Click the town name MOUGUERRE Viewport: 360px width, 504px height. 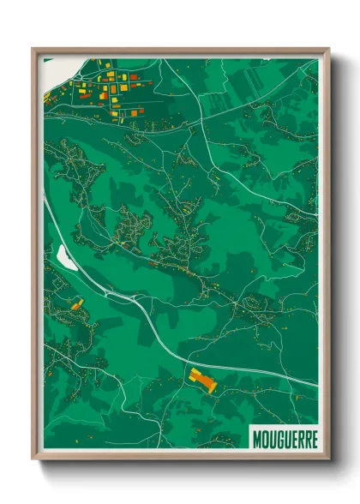pos(285,439)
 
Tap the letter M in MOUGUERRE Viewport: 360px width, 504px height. pos(258,439)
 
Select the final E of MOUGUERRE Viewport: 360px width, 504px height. pos(313,439)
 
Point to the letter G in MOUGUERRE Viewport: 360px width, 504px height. pos(279,439)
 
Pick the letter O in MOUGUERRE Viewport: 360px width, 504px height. pos(265,439)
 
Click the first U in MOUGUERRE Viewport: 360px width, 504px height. pos(272,439)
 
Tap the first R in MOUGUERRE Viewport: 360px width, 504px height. pos(299,439)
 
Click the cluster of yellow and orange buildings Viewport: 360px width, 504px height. pos(107,86)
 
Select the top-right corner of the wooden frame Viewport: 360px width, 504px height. pos(327,50)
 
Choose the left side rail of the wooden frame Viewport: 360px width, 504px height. pos(35,257)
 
